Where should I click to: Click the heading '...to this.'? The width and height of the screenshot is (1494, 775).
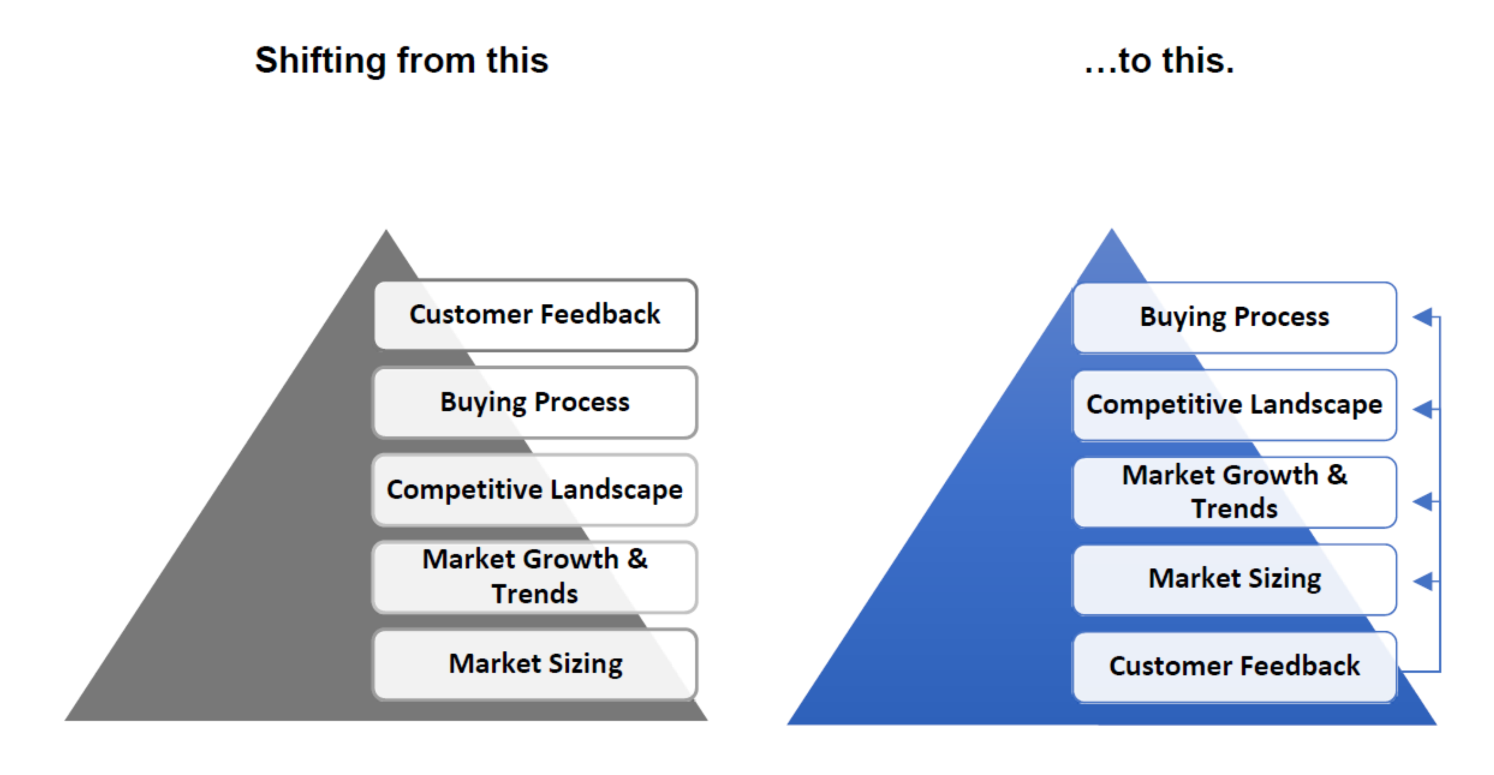click(1159, 60)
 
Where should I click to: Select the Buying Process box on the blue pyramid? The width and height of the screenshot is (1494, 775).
click(1235, 318)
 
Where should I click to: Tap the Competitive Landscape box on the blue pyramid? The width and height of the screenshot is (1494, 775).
click(1235, 405)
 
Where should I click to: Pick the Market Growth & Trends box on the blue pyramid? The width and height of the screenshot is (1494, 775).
click(1235, 492)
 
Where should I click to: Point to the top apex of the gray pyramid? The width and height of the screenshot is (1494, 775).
click(386, 230)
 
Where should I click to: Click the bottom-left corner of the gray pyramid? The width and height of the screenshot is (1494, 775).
click(64, 720)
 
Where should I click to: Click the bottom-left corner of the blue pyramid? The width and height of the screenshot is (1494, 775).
click(787, 725)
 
